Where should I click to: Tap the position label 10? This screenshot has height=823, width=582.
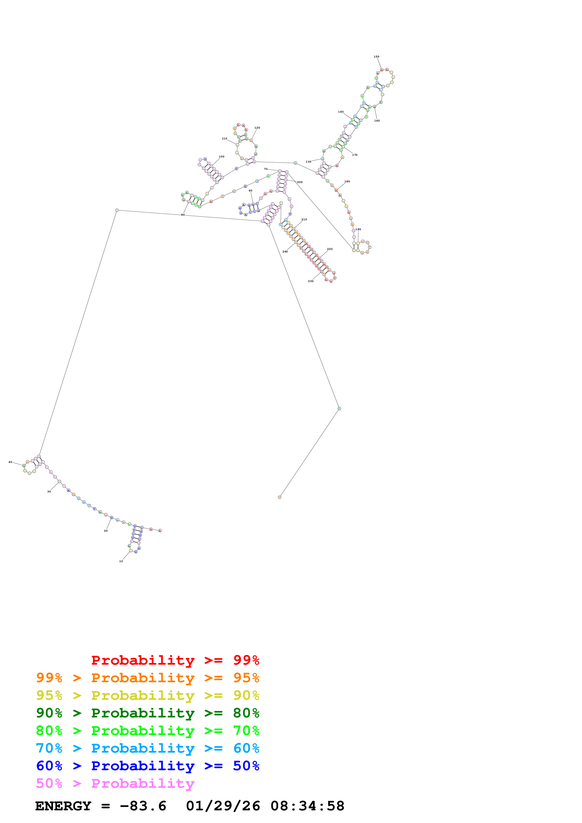click(121, 561)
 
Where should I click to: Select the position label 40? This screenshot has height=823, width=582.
click(10, 462)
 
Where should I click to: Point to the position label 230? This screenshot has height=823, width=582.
click(311, 281)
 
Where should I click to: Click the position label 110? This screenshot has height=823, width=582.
click(224, 138)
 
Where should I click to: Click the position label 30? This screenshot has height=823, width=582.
click(49, 492)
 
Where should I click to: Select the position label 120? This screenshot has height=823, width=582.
click(257, 128)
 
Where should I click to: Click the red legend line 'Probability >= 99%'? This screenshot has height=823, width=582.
click(175, 660)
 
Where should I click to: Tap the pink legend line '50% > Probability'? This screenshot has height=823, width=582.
click(115, 783)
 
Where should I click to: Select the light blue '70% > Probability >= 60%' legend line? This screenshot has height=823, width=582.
click(147, 748)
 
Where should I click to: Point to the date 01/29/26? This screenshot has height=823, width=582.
click(223, 806)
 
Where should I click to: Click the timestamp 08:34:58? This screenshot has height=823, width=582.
click(307, 806)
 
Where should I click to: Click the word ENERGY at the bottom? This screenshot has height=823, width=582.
click(63, 806)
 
